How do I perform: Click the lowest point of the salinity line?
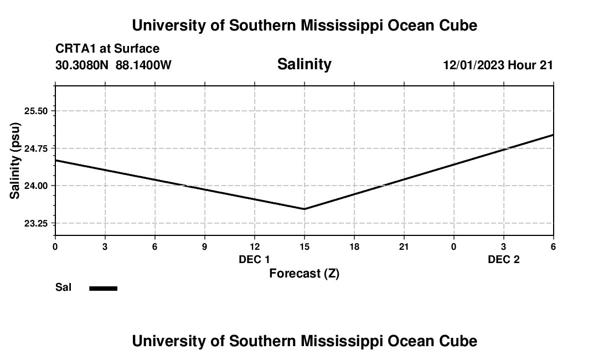click(304, 209)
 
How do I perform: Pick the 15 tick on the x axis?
click(304, 246)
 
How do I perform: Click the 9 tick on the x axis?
click(204, 246)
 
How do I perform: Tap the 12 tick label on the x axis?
click(254, 246)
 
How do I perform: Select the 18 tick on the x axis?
click(354, 246)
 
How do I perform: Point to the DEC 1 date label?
click(254, 259)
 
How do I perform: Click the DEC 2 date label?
click(503, 259)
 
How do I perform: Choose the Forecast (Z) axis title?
click(304, 273)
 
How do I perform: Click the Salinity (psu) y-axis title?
click(15, 161)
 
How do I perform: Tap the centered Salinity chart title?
click(304, 64)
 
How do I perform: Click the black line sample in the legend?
click(104, 288)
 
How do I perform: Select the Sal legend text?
click(63, 287)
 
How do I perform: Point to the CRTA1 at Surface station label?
click(107, 49)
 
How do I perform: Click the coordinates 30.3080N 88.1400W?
click(113, 65)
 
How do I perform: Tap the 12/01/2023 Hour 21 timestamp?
click(498, 65)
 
